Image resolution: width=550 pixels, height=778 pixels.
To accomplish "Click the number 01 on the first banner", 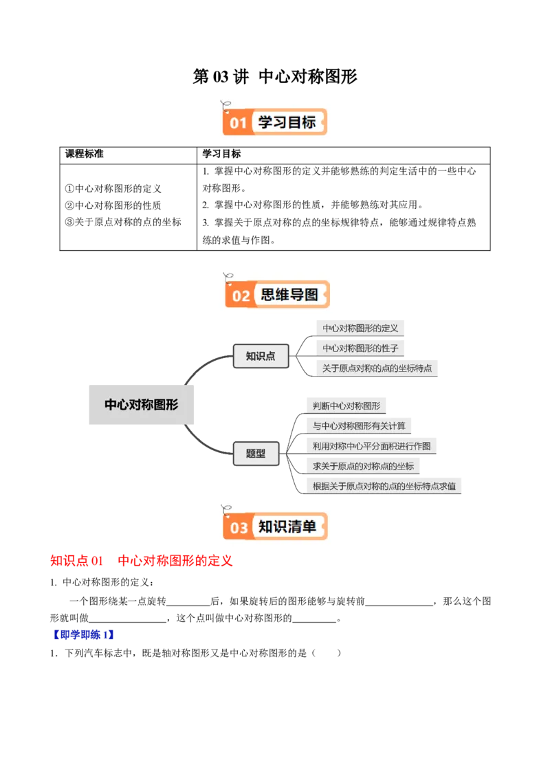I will pos(238,123).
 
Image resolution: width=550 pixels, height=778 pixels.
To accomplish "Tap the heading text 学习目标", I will pos(287,122).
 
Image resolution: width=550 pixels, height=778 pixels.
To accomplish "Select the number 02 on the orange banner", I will pos(241,296).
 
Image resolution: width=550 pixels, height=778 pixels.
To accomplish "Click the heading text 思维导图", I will pos(289,296).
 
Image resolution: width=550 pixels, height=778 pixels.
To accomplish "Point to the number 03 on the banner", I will pos(239,528).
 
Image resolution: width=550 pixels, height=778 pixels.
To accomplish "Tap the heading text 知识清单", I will pos(287,527).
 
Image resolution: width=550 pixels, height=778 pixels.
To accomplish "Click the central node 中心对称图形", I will pos(142,405).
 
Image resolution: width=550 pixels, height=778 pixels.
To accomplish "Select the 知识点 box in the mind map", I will pos(261,357).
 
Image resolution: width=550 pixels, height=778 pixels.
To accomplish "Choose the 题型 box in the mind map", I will pos(256,454).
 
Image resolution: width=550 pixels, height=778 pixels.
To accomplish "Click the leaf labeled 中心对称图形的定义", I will pos(360,329).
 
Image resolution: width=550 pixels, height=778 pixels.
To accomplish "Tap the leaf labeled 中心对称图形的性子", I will pos(360,348).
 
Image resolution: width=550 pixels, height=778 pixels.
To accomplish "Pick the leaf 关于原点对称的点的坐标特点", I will pos(377,368).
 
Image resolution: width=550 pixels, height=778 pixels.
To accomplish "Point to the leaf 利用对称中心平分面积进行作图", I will pos(371,445).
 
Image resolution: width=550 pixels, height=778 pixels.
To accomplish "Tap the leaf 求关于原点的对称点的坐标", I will pos(363,466).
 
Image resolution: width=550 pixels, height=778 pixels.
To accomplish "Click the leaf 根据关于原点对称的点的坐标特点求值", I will pos(384,486).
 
